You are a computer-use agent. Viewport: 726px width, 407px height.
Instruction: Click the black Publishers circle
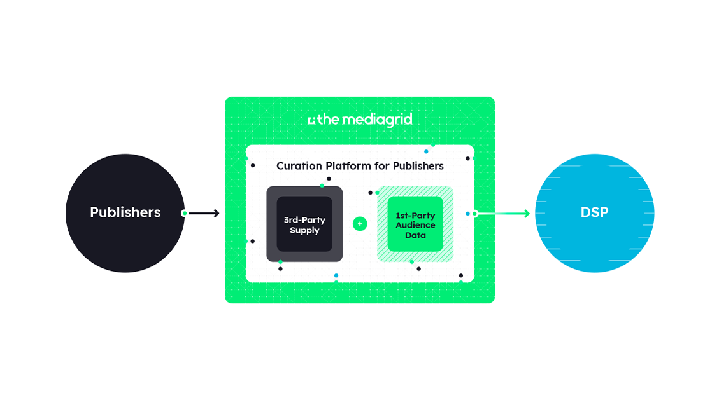(125, 213)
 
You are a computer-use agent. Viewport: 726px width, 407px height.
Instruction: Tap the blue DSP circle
(595, 213)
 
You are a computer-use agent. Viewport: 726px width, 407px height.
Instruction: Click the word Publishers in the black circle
(125, 212)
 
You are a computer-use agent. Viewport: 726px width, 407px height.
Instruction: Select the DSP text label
(595, 212)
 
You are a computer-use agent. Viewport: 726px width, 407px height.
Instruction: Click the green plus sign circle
(360, 224)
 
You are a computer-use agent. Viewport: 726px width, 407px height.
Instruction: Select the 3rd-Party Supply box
(304, 224)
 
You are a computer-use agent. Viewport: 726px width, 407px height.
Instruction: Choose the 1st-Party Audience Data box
(415, 224)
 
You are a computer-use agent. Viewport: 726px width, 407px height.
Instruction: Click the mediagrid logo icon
(311, 121)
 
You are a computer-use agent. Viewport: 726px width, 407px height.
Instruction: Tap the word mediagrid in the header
(377, 120)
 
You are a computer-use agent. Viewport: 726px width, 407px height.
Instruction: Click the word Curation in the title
(299, 165)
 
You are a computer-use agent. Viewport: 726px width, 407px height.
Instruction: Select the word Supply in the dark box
(304, 230)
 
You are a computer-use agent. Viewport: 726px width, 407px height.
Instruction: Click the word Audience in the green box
(415, 224)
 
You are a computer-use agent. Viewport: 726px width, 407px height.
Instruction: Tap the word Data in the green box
(415, 235)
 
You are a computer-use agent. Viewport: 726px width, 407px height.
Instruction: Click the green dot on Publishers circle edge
(184, 213)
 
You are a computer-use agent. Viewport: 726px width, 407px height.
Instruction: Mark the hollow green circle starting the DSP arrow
(474, 214)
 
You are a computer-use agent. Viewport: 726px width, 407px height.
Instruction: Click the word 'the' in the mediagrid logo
(328, 120)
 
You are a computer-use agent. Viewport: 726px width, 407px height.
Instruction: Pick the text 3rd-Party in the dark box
(304, 220)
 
